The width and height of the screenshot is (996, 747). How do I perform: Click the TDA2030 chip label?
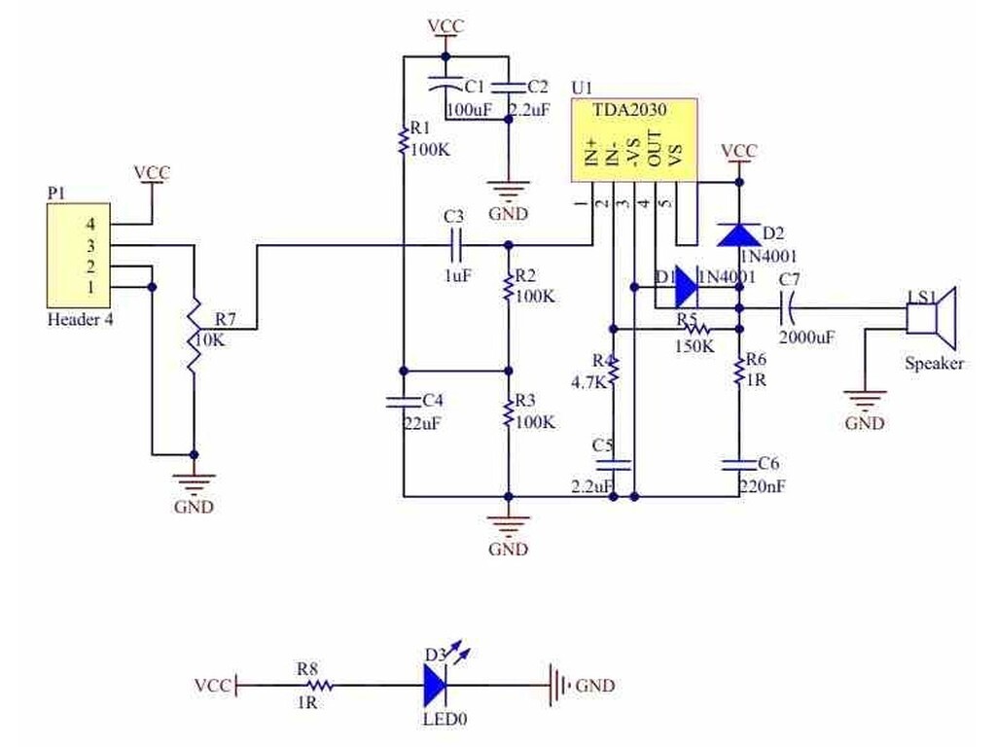point(629,110)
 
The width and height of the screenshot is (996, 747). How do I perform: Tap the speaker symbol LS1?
point(931,318)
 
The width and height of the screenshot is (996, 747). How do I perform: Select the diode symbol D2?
point(739,234)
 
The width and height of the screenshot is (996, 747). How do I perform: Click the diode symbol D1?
point(686,287)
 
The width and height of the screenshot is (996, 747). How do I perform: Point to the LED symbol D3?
point(437,685)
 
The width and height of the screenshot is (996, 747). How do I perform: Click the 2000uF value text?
point(806,338)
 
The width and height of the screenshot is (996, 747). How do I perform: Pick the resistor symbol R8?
point(319,686)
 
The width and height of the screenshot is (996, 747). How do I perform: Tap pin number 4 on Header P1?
point(90,224)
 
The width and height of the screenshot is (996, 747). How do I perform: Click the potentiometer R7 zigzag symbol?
point(194,337)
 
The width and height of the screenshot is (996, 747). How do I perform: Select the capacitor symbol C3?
point(455,245)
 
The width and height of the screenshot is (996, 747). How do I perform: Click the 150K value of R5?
point(694,347)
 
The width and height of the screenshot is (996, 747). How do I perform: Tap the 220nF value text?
point(763,486)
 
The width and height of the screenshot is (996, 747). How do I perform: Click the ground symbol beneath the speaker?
point(865,400)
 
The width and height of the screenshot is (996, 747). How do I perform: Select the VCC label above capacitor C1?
point(445,26)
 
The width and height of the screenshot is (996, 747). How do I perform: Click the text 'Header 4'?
point(81,319)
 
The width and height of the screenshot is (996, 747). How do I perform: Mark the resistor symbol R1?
point(403,142)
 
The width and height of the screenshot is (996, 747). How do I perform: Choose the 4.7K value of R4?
point(588,382)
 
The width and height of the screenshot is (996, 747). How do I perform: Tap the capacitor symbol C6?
point(739,464)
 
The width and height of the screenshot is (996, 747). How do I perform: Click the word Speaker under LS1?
point(935,364)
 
